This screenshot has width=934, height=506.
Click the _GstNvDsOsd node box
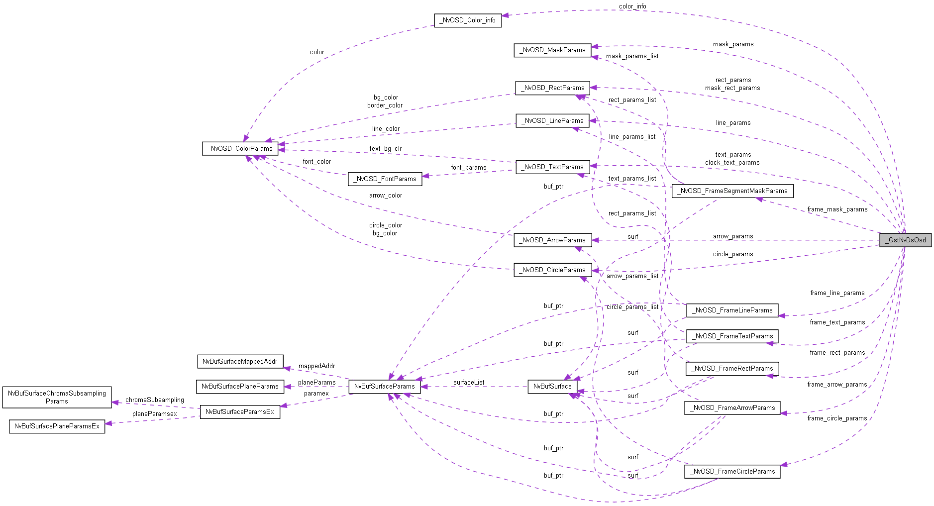(905, 240)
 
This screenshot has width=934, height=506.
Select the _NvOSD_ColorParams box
(240, 148)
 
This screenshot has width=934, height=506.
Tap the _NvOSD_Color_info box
(468, 20)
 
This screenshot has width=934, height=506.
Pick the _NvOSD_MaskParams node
(552, 50)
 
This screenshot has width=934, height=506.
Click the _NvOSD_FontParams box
(385, 179)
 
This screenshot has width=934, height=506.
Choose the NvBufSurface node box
(552, 386)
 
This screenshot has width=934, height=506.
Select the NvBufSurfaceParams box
(384, 386)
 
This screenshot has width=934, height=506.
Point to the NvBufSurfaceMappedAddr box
(240, 361)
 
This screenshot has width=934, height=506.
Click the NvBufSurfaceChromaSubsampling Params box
(57, 397)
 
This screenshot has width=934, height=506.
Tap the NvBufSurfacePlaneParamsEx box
(57, 426)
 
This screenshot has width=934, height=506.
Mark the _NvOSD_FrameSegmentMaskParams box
(732, 191)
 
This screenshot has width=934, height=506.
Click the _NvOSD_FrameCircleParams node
(732, 471)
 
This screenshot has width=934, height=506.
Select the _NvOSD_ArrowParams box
(552, 240)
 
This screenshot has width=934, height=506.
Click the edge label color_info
(632, 6)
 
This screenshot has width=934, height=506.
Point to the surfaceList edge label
(469, 382)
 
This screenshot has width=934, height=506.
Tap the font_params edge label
(469, 167)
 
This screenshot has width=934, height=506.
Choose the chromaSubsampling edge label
(154, 400)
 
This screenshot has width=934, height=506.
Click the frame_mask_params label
(837, 209)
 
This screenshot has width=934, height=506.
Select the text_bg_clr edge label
(385, 148)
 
